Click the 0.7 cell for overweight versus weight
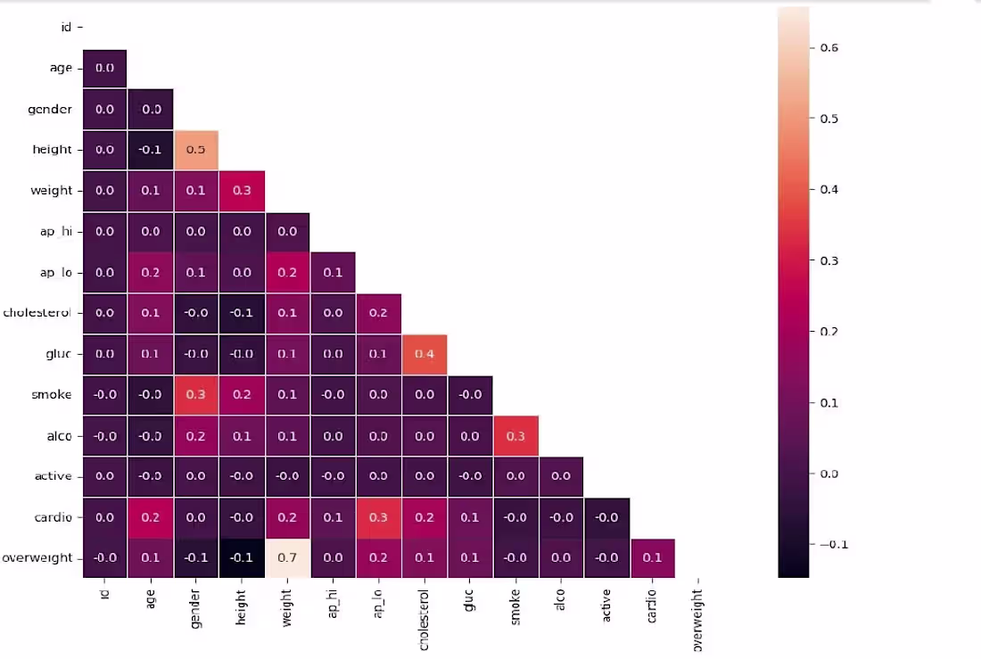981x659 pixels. tap(287, 558)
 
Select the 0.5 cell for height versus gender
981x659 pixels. tap(196, 150)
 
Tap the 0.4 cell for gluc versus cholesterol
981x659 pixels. tap(425, 354)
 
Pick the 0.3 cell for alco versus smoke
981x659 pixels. tap(515, 436)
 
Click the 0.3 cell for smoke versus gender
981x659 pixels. tap(196, 395)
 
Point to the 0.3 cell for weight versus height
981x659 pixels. tap(242, 191)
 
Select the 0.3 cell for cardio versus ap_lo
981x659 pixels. tap(379, 517)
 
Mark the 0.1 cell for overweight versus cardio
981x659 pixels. tap(652, 558)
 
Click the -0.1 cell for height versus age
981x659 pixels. tap(151, 150)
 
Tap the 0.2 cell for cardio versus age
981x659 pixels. tap(151, 517)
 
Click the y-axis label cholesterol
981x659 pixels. tap(37, 313)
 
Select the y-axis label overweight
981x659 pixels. tap(37, 558)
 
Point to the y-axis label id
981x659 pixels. tap(66, 28)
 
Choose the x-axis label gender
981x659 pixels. tap(196, 607)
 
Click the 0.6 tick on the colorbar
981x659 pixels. tap(829, 48)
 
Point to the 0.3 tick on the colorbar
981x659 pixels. tap(829, 260)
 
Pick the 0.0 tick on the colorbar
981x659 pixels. tap(829, 474)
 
